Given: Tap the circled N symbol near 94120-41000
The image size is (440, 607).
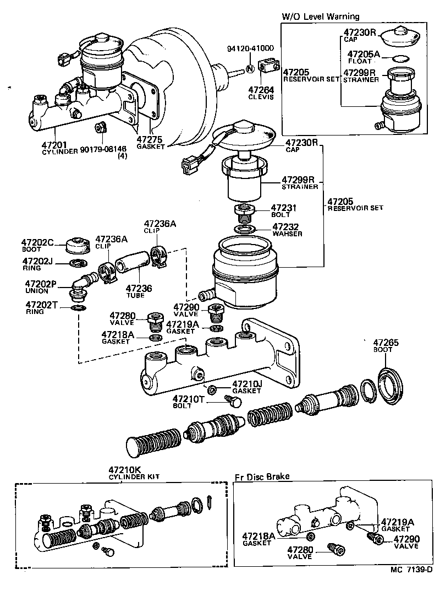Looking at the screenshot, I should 249,69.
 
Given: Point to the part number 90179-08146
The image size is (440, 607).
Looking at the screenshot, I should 103,149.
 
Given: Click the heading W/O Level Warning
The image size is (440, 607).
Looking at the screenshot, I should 320,17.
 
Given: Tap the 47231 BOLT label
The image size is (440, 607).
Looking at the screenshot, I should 284,210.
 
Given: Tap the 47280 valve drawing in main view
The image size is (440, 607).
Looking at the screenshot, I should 156,319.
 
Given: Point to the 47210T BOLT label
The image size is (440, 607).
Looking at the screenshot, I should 189,401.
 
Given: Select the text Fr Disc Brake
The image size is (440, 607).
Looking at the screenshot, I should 262,476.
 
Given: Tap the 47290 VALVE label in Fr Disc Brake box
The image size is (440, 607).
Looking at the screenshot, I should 406,542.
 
